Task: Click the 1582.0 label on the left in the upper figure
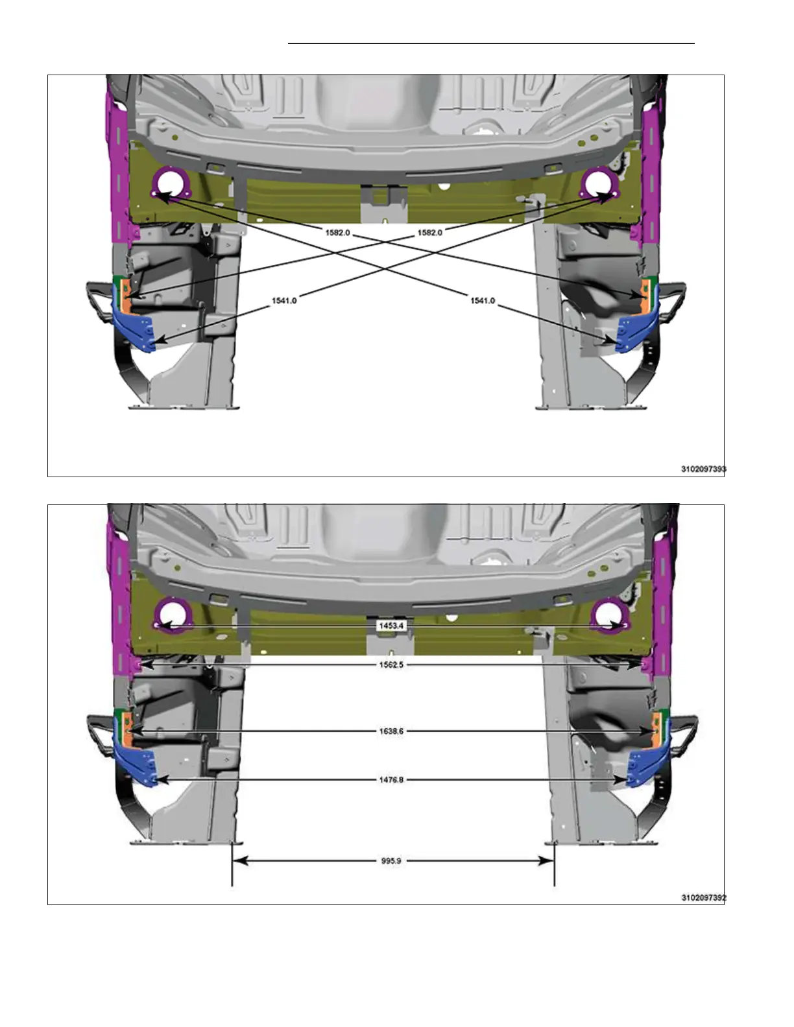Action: point(338,233)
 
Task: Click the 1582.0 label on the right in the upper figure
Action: point(430,233)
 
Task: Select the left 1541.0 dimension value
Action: point(284,301)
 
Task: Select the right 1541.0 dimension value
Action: point(483,301)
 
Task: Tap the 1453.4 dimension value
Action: point(392,626)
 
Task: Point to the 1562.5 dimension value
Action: point(392,665)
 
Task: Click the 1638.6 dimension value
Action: point(392,731)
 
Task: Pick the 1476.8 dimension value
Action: point(392,779)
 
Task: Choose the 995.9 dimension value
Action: point(391,860)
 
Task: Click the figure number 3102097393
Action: point(703,469)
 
